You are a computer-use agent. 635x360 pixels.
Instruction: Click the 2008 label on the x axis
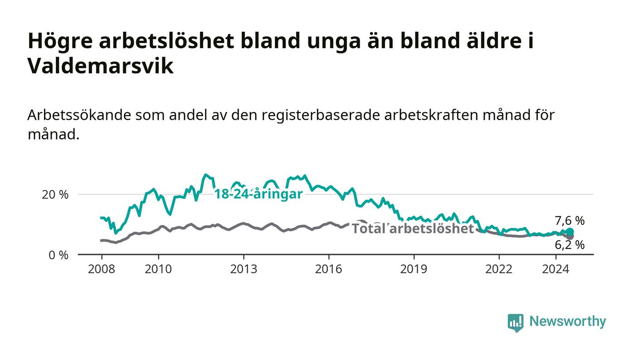(x=102, y=269)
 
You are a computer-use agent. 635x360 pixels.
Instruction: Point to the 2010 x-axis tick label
(x=158, y=269)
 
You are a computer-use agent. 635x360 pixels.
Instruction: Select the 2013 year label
(x=244, y=269)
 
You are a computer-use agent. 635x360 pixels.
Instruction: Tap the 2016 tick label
(x=328, y=269)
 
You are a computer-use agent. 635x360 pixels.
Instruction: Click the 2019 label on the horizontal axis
(x=414, y=269)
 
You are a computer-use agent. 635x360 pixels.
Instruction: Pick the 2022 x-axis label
(x=499, y=269)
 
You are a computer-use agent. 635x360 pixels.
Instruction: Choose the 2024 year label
(x=556, y=269)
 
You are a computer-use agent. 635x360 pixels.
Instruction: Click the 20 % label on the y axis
(x=55, y=195)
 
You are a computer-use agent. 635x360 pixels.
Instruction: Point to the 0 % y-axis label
(x=59, y=255)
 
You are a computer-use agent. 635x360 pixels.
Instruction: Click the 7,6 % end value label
(x=570, y=220)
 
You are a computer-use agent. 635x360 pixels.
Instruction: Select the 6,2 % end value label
(x=570, y=245)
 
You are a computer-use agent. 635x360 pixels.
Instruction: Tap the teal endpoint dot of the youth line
(x=570, y=232)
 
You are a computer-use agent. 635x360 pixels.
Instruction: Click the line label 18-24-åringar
(x=259, y=194)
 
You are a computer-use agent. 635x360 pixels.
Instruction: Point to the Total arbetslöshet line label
(x=413, y=229)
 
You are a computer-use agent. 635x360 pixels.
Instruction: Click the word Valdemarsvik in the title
(x=101, y=66)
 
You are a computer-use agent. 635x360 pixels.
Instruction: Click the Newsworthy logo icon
(x=516, y=323)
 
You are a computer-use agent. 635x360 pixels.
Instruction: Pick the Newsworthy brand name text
(x=567, y=321)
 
